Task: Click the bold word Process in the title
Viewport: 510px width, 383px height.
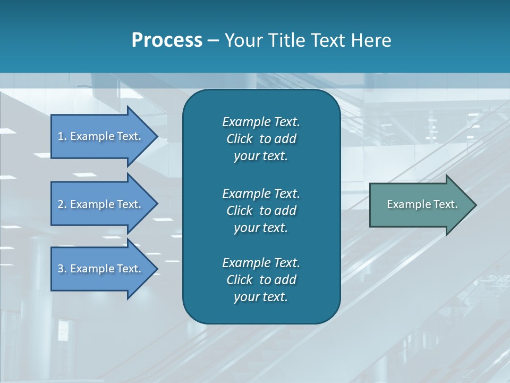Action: coord(167,40)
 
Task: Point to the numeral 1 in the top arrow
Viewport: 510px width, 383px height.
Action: coord(60,137)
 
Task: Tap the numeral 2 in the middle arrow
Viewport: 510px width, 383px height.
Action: coord(61,204)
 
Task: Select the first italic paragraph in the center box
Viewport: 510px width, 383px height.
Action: coord(261,139)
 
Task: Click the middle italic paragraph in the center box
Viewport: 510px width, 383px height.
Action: coord(261,210)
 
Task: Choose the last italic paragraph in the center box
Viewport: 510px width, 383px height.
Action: coord(261,280)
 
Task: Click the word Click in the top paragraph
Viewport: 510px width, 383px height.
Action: coord(239,139)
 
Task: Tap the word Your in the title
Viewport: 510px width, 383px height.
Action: coord(242,40)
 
